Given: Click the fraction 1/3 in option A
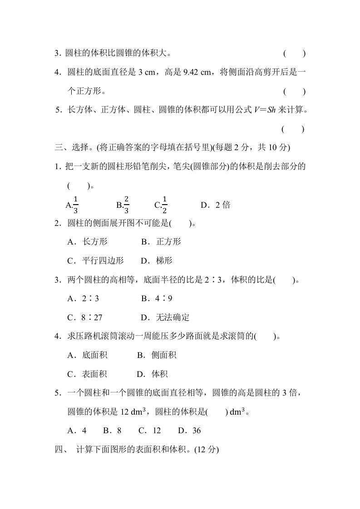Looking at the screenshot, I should [x=75, y=205].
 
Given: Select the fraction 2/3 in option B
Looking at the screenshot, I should [x=126, y=205].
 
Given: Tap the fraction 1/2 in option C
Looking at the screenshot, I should [x=164, y=205].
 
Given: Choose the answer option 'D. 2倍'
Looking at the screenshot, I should [x=215, y=205].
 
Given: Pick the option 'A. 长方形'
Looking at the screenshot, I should [x=87, y=242].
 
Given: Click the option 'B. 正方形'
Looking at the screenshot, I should [x=161, y=242].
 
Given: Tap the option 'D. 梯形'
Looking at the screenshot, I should [x=156, y=261].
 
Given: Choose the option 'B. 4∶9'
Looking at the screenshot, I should [x=156, y=299].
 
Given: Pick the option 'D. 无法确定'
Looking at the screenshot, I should [x=165, y=318].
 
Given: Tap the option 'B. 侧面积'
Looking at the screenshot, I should [x=157, y=355].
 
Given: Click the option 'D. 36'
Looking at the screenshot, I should [x=189, y=431].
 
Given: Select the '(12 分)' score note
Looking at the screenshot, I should [x=207, y=450].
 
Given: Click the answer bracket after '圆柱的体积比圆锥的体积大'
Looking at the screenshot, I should [x=294, y=54].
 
